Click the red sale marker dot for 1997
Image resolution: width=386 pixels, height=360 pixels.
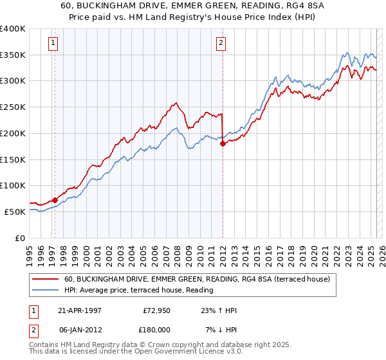[55, 199]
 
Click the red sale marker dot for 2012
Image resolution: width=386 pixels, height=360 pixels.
[223, 144]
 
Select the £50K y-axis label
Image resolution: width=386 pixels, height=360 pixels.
[14, 212]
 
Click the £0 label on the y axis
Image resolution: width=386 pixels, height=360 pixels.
[20, 238]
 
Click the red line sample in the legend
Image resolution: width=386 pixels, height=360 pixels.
[46, 280]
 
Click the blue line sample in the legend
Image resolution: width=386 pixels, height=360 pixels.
[46, 291]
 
